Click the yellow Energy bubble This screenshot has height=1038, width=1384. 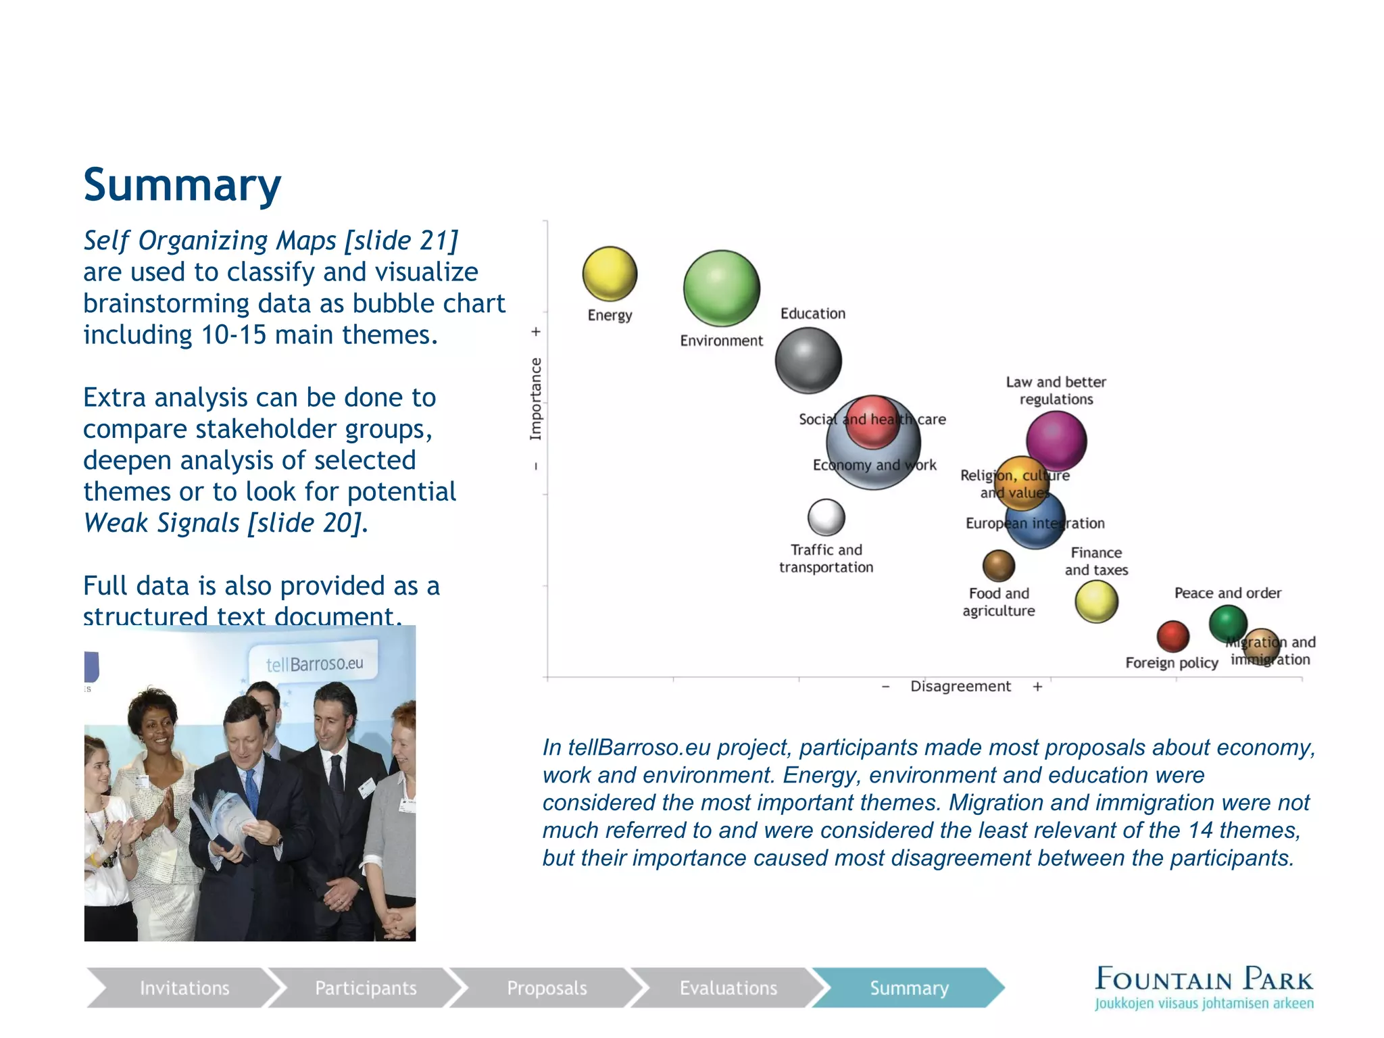coord(610,273)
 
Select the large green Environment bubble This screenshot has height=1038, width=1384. coord(721,289)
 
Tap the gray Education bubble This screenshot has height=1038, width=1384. coord(808,360)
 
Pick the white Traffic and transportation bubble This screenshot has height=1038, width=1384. coord(826,518)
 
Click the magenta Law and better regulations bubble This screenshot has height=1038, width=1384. coord(1056,441)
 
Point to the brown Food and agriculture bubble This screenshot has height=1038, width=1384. coord(998,566)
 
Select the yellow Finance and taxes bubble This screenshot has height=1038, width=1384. coord(1095,601)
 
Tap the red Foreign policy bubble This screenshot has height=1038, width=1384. coord(1172,636)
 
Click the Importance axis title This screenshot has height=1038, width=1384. coord(535,399)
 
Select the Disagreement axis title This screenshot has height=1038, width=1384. coord(960,687)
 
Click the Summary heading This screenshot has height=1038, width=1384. coord(182,185)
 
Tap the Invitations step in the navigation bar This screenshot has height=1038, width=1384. coord(184,988)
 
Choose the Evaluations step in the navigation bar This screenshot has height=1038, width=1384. coord(728,988)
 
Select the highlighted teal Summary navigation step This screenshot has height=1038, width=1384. coord(908,988)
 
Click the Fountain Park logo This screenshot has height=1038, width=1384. coord(1204,987)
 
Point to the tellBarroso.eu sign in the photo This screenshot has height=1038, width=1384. coord(314,663)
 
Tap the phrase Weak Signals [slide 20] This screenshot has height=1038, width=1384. coord(226,523)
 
